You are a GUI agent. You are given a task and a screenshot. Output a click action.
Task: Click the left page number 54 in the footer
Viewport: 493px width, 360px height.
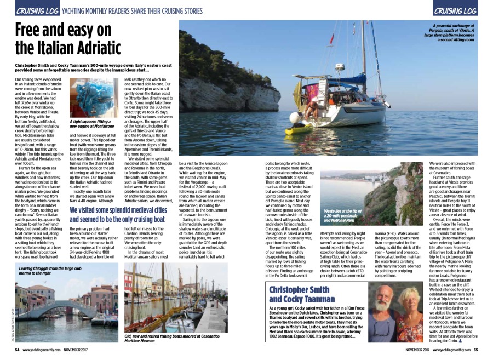tap(17, 350)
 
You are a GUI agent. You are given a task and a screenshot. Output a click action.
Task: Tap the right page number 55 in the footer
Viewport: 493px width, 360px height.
tap(476, 350)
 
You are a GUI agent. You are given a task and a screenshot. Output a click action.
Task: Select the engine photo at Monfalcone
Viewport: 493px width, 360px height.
tap(93, 98)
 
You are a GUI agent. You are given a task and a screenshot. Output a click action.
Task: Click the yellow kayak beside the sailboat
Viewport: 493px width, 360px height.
tap(299, 130)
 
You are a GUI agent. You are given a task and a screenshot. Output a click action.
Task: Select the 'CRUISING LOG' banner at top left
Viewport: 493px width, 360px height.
tap(37, 10)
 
